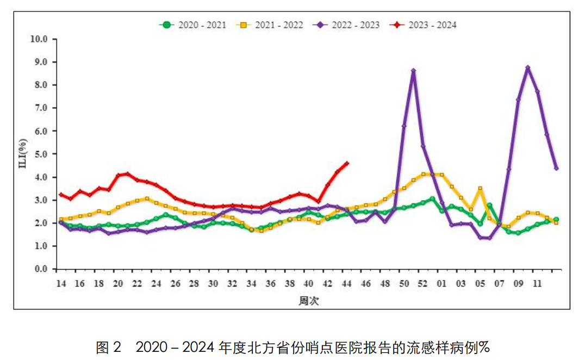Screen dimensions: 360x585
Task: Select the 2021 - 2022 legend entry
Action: (271, 25)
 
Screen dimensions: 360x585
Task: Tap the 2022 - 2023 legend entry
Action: (347, 25)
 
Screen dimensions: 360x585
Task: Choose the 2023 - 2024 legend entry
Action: (425, 25)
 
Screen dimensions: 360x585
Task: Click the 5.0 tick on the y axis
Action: (42, 154)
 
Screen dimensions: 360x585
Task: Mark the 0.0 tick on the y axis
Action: (42, 269)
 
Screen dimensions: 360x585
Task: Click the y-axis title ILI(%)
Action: (23, 154)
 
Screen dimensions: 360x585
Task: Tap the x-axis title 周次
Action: (308, 301)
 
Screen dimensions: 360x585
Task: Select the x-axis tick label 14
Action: (60, 284)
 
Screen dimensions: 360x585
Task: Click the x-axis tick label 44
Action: (347, 284)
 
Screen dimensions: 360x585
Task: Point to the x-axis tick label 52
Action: (423, 284)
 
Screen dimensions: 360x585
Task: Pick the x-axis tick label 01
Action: (442, 284)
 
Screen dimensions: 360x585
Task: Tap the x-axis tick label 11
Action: (537, 284)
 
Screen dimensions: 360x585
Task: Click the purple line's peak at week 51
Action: (413, 71)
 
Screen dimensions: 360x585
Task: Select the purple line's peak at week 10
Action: (527, 68)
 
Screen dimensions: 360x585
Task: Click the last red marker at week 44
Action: (347, 163)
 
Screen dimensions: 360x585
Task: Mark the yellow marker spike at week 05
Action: (480, 189)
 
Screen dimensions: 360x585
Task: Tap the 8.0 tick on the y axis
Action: (42, 85)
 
